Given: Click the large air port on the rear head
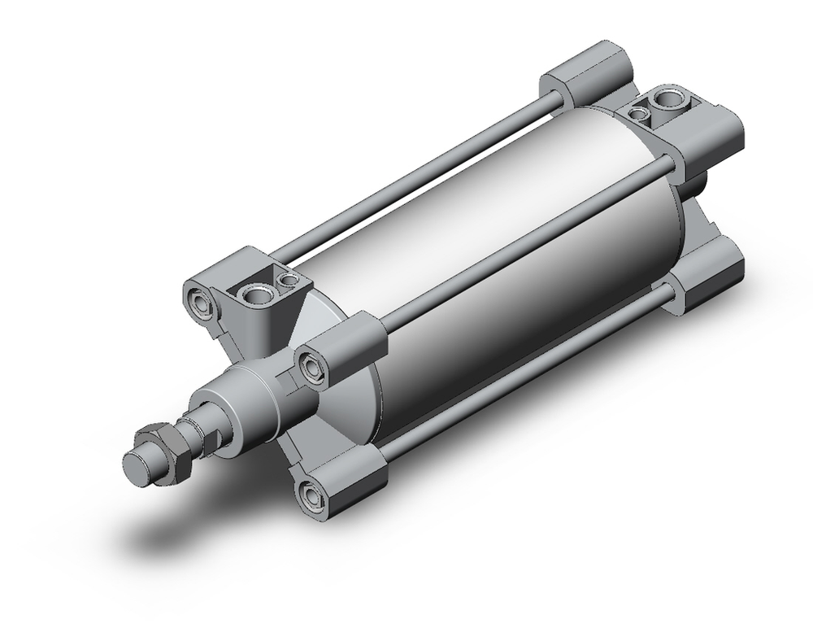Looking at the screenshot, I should click(671, 100).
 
